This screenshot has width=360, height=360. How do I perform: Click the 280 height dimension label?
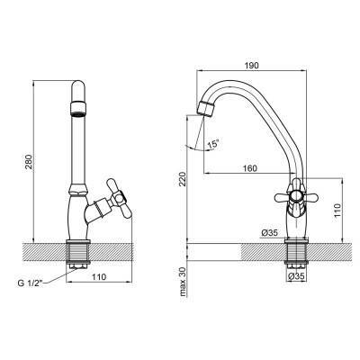coord(29,163)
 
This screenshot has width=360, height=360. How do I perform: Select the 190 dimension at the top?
coord(252,66)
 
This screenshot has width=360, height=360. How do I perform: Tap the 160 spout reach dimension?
coord(249,168)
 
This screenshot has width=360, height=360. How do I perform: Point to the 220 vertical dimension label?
coord(183,178)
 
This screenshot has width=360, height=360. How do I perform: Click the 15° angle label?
coord(213,144)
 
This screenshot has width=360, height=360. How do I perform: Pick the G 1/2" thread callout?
coord(31,283)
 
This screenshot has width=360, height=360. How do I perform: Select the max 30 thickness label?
coord(183,282)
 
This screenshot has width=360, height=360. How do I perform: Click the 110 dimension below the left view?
coord(99,276)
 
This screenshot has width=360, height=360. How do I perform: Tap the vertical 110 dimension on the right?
coord(337,211)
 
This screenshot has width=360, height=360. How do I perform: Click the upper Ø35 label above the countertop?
coord(269,232)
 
